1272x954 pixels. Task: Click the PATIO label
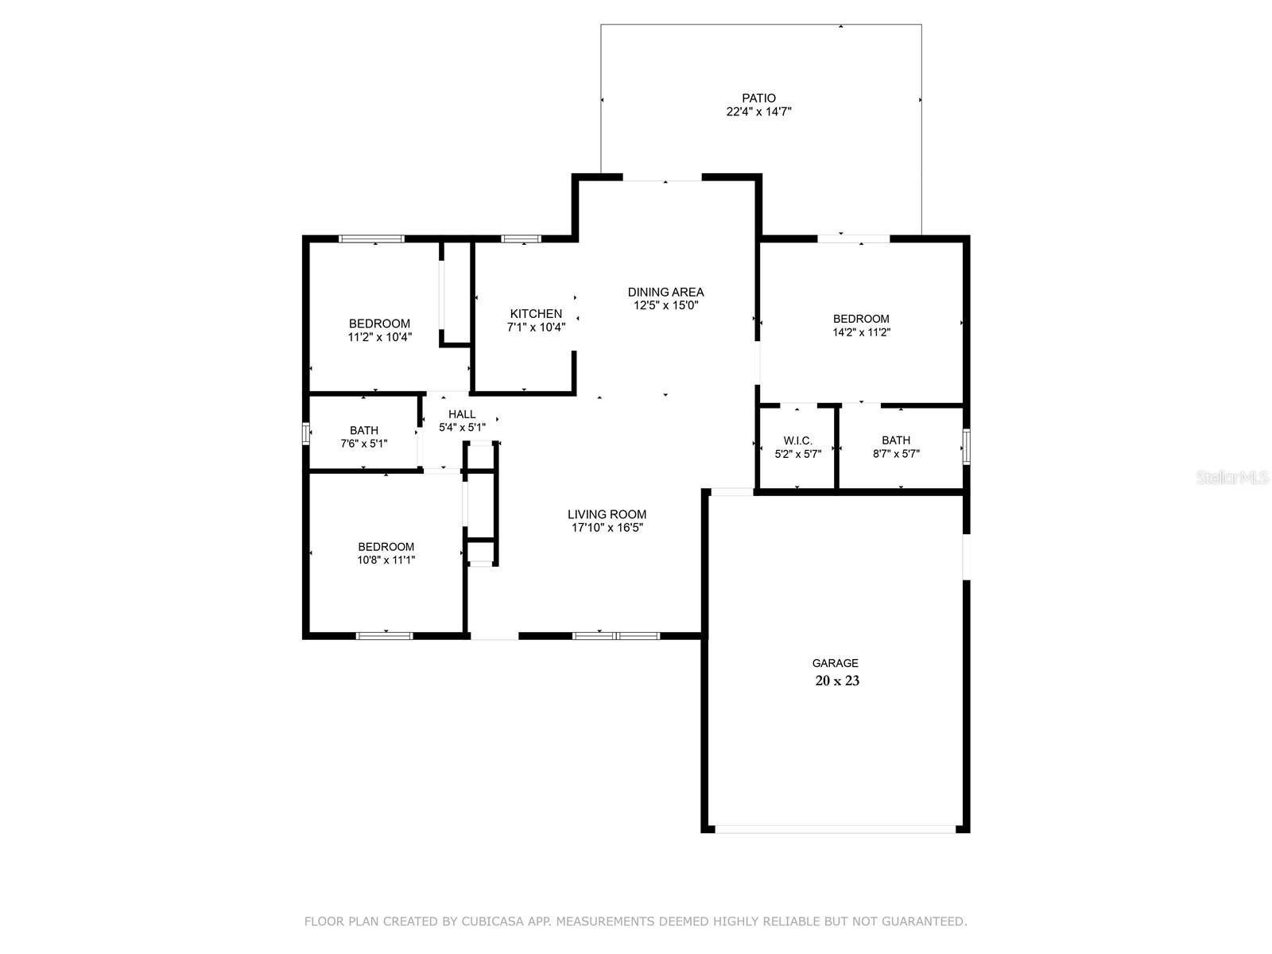pos(758,99)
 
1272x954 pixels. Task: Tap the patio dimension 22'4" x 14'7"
pos(758,112)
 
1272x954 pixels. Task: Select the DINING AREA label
pos(665,292)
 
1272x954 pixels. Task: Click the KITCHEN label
pos(536,314)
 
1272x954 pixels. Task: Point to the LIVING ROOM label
pos(607,514)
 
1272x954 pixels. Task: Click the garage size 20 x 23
pos(836,681)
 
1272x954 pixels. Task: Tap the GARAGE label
pos(835,663)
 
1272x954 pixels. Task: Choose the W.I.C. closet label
pos(797,440)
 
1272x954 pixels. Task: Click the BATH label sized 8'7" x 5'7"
pos(895,440)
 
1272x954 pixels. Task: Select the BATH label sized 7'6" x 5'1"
pos(363,431)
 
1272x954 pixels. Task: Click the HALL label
pos(461,414)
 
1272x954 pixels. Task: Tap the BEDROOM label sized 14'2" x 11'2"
pos(861,319)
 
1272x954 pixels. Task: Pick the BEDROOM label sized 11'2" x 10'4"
pos(379,324)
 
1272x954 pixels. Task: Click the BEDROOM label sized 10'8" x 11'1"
pos(386,547)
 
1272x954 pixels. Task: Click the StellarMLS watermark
pos(1231,478)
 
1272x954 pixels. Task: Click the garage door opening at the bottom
pos(835,829)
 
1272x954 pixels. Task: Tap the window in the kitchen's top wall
pos(521,238)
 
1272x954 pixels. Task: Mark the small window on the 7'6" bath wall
pos(305,433)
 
